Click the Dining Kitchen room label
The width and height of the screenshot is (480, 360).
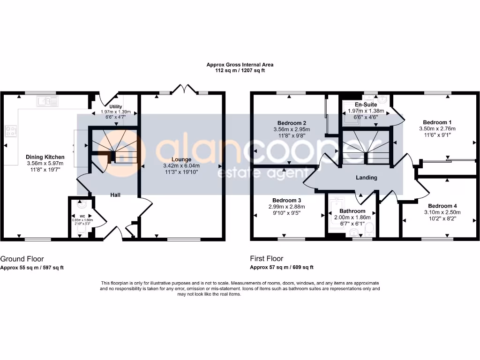tap(45, 157)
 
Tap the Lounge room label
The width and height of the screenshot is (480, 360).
tap(181, 159)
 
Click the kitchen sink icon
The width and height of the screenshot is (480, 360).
tap(48, 100)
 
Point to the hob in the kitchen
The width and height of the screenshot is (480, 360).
tap(10, 131)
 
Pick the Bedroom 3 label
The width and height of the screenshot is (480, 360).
tap(286, 201)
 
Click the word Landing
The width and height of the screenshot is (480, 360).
tap(366, 178)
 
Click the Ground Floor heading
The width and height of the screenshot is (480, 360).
tap(22, 259)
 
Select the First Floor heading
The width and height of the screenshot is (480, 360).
tap(267, 259)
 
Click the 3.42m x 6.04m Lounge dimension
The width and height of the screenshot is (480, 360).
tap(181, 166)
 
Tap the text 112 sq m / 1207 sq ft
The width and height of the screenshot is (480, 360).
tap(240, 70)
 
